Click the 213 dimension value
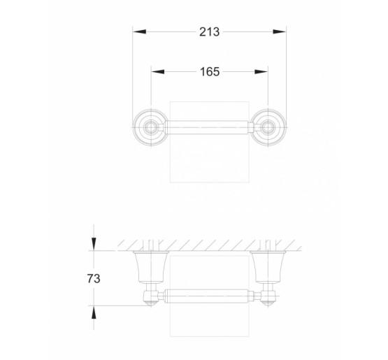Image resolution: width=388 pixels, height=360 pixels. [209, 32]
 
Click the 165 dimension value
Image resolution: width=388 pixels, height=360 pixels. [210, 72]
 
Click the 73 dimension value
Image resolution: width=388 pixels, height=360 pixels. [94, 279]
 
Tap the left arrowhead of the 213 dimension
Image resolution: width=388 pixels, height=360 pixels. [139, 32]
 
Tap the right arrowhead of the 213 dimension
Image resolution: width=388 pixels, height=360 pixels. [280, 32]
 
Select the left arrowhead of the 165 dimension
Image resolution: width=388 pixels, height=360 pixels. [158, 72]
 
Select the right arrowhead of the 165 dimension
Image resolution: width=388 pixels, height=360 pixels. [261, 72]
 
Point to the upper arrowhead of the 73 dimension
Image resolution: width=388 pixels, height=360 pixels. [94, 244]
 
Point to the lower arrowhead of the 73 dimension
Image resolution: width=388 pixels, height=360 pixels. [94, 312]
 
